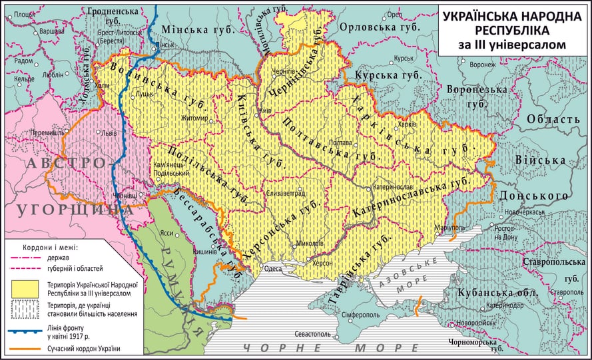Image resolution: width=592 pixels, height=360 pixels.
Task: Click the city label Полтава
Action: pos(340,142)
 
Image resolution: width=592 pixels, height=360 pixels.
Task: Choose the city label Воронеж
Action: pos(482,65)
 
